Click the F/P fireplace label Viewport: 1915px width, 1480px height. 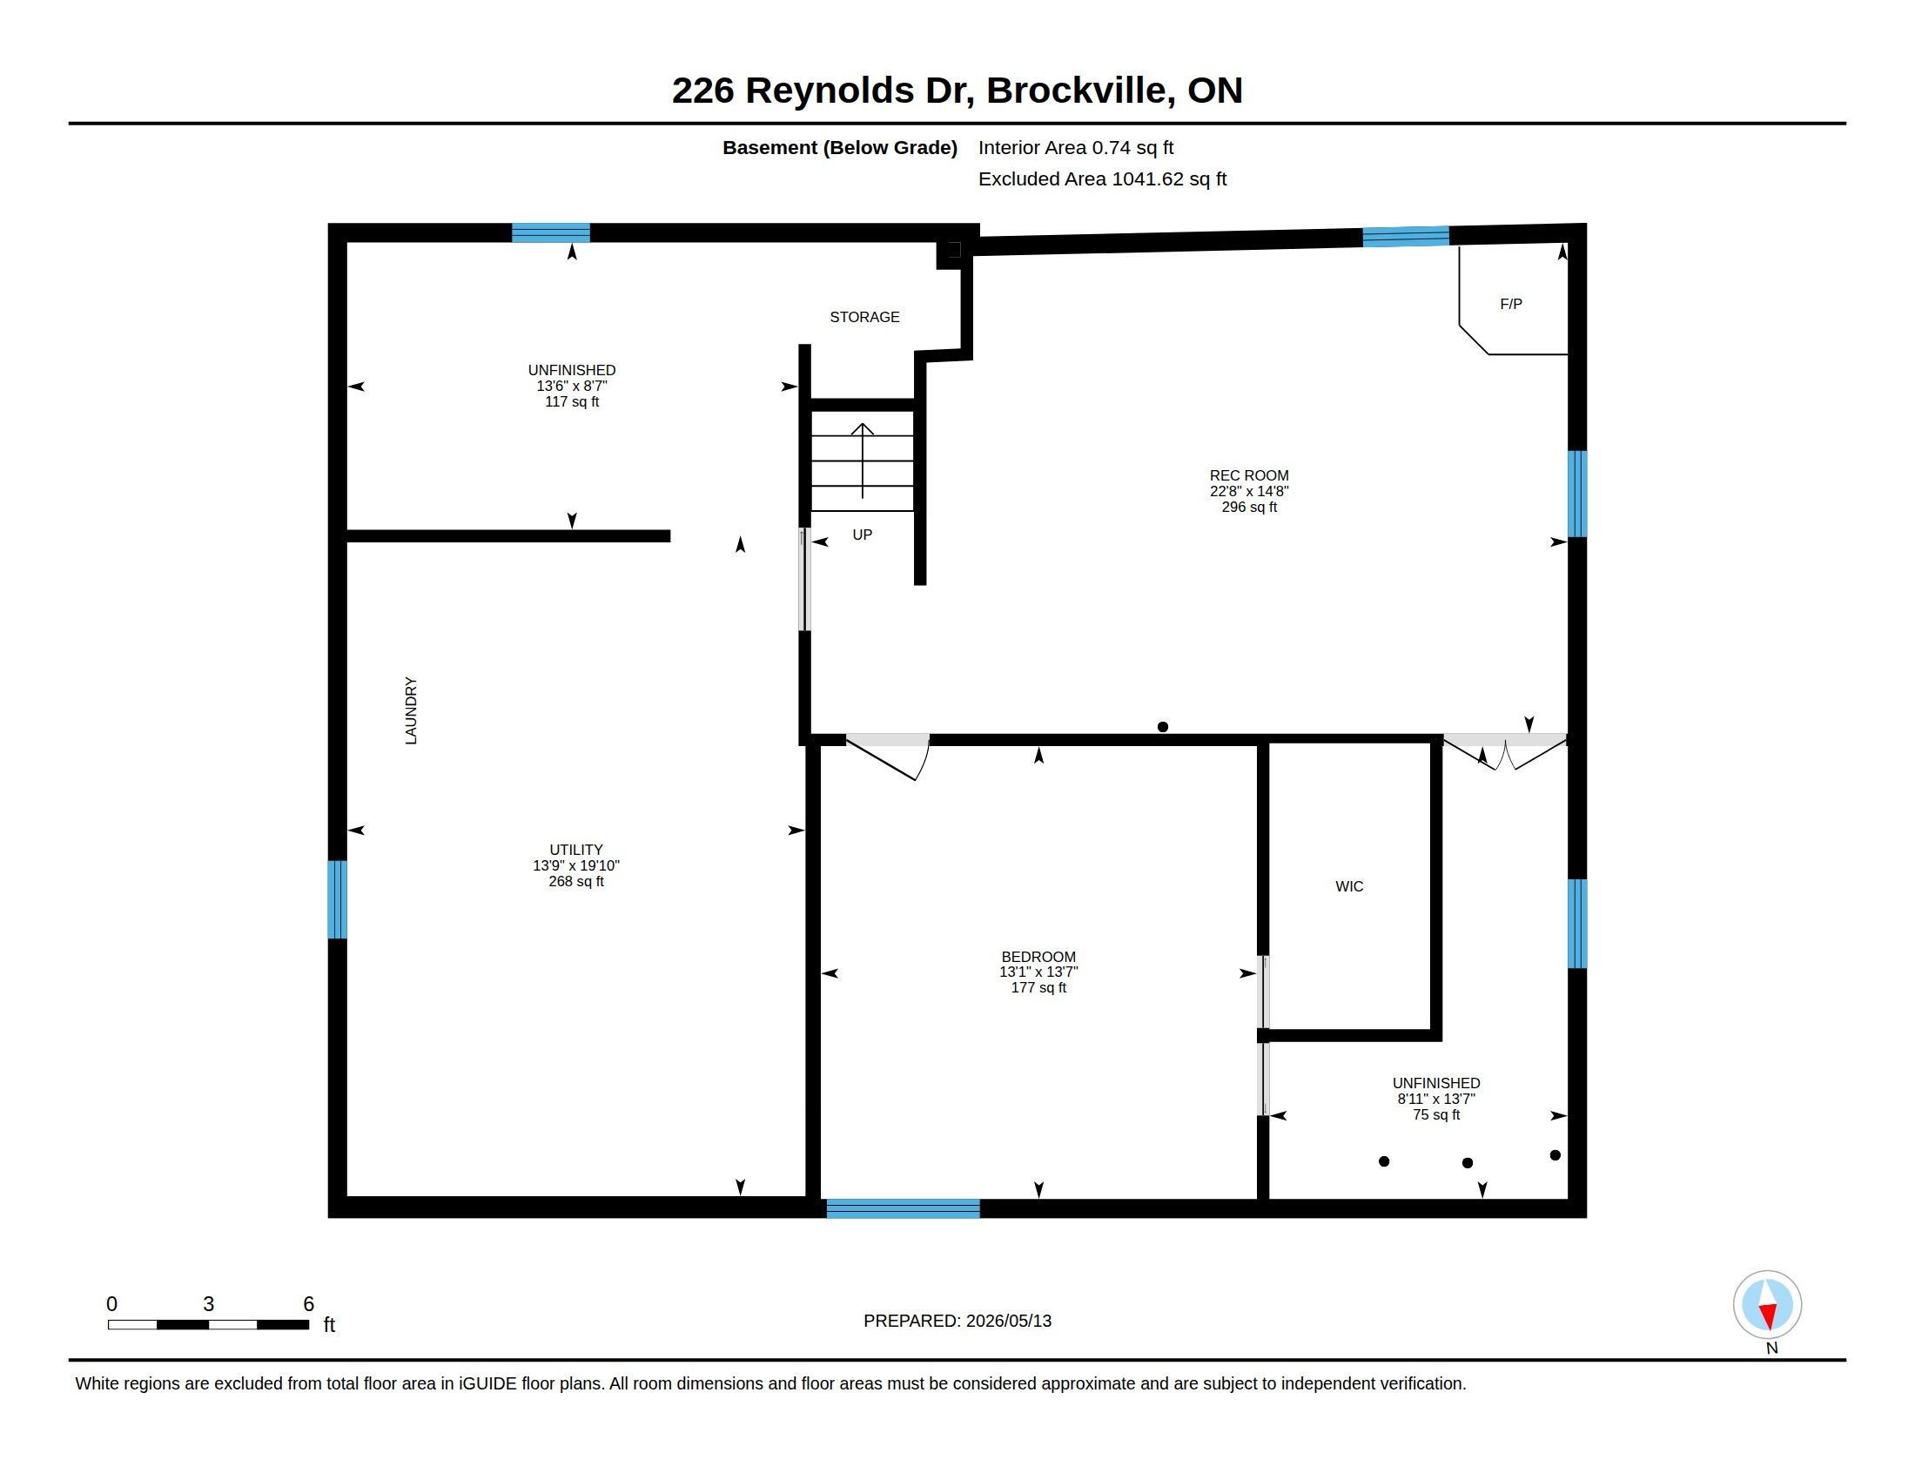(1511, 304)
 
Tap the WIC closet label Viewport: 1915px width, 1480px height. (1348, 886)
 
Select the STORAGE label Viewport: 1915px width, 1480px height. (864, 317)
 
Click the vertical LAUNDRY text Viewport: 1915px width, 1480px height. (410, 710)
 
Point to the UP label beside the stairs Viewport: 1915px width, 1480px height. (862, 535)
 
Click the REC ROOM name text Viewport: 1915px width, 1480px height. (1248, 476)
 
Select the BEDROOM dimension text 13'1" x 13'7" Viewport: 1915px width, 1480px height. (1038, 972)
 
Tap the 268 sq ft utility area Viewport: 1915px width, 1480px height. (576, 881)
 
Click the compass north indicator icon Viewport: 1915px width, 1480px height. (1767, 1305)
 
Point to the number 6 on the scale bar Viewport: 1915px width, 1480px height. (308, 1304)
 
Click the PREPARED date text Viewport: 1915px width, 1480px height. (957, 1321)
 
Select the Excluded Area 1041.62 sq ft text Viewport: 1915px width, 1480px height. (1102, 178)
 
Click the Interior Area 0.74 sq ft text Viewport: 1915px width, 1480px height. (1076, 147)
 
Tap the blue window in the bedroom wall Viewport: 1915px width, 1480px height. (904, 1208)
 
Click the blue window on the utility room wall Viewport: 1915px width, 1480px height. (338, 899)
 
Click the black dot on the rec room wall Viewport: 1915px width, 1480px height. (1163, 727)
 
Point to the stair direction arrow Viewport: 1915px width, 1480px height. (863, 461)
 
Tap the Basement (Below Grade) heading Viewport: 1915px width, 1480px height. (839, 148)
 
